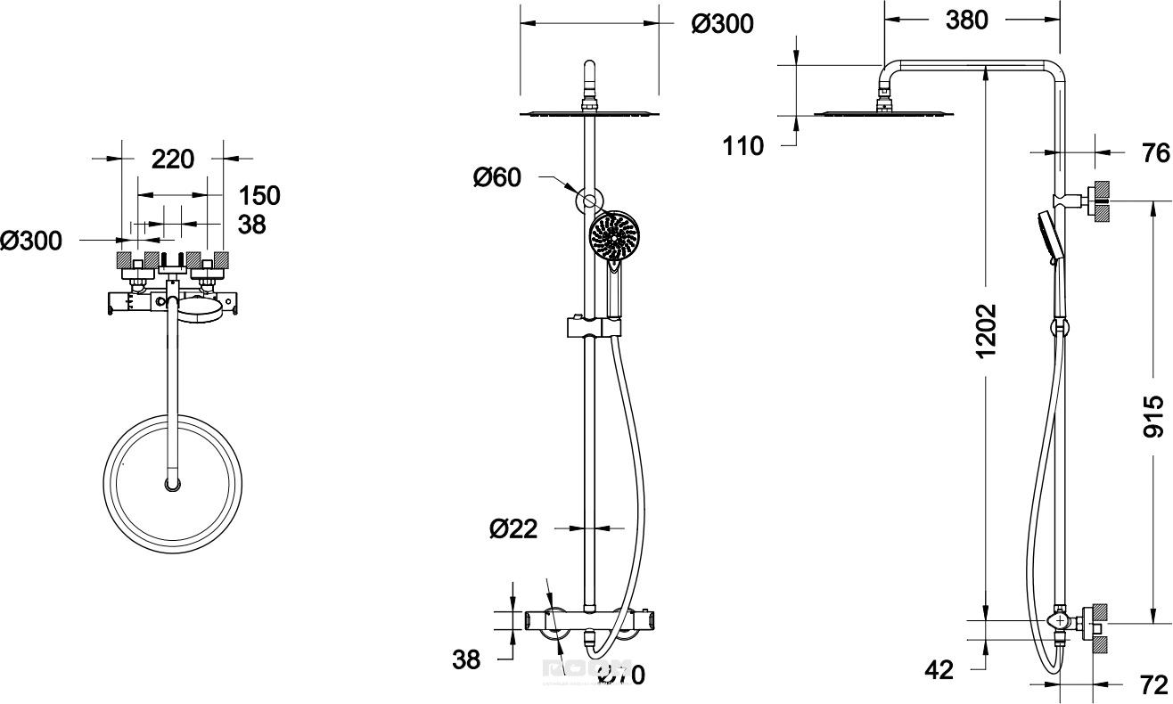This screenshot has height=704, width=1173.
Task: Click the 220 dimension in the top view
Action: tap(173, 160)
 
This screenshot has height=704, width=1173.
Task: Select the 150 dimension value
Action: tap(259, 195)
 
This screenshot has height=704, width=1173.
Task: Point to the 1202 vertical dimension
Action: tap(985, 332)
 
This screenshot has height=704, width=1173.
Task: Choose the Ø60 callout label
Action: tap(497, 178)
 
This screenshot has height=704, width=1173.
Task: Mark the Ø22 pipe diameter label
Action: tap(513, 528)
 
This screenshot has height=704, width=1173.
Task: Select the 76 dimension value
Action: tap(1155, 153)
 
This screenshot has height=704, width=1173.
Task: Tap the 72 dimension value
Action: tap(1153, 684)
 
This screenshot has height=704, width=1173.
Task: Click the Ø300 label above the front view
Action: tap(722, 24)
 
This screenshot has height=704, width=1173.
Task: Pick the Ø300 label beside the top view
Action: tap(31, 240)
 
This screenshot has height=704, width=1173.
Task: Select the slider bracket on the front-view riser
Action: tap(592, 327)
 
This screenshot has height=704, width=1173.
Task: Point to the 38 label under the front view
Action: tap(465, 660)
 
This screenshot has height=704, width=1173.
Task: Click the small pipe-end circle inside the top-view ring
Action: tap(172, 485)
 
